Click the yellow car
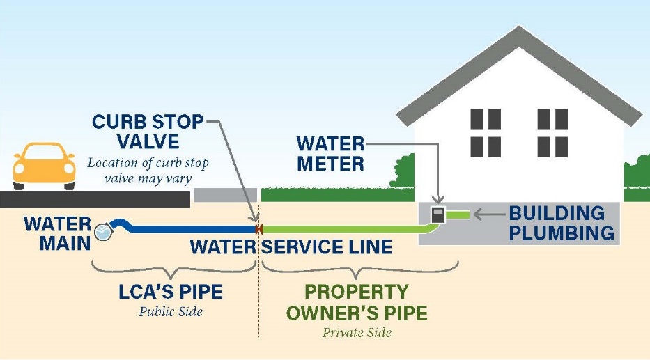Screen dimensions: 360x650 click(x=44, y=166)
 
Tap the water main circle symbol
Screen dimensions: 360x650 click(x=102, y=233)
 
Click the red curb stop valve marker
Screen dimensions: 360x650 click(x=258, y=228)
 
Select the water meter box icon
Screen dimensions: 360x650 click(x=438, y=214)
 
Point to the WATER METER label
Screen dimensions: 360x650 click(x=330, y=154)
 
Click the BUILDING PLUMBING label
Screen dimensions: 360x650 click(x=562, y=223)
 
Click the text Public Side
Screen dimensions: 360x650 click(x=171, y=312)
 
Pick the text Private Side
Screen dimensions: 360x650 click(x=357, y=333)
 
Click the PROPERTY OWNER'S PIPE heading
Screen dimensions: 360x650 click(x=357, y=302)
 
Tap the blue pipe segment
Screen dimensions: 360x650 click(x=188, y=228)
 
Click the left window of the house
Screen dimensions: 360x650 click(x=486, y=133)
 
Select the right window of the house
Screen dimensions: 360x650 click(x=553, y=133)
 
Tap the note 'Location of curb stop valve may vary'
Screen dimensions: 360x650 click(x=148, y=170)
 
